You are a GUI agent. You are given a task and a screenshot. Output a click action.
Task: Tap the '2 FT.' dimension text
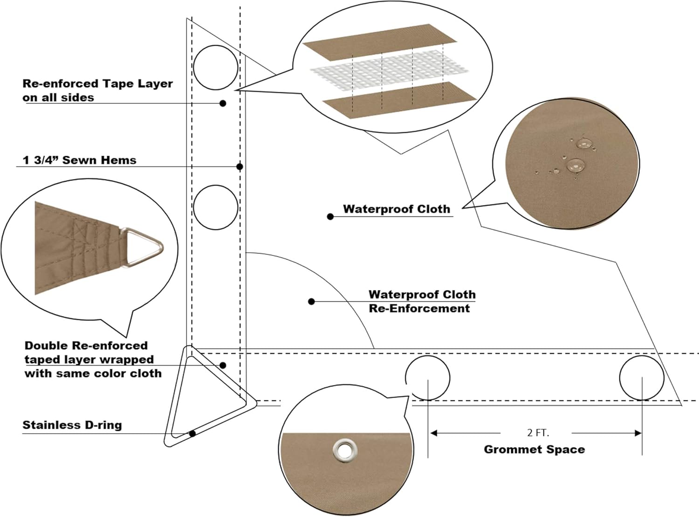(x=538, y=433)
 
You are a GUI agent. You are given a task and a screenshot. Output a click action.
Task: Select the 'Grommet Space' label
(x=534, y=449)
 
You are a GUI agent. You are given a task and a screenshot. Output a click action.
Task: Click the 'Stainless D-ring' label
(x=72, y=425)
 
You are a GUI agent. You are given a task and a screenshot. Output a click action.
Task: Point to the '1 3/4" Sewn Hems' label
(x=79, y=160)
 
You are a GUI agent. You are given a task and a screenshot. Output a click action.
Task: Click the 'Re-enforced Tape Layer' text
(x=98, y=83)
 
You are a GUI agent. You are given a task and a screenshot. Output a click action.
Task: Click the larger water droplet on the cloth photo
(x=576, y=165)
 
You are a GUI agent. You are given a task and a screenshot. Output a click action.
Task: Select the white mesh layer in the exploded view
(x=389, y=72)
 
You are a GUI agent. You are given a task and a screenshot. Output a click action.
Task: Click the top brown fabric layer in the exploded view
(x=379, y=42)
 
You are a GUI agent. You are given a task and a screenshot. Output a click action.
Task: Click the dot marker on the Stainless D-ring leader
(x=192, y=434)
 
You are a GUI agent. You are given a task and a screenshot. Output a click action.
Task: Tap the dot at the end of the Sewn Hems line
(x=240, y=166)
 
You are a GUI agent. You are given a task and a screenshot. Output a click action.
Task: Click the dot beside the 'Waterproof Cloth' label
(x=330, y=217)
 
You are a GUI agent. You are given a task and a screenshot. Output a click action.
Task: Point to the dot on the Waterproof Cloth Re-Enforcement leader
(x=311, y=302)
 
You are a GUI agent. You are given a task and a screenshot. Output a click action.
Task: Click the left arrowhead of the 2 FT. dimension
(x=434, y=433)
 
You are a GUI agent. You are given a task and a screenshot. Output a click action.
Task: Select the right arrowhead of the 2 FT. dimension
(x=638, y=433)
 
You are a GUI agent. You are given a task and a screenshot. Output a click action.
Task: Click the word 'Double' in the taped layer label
(x=46, y=345)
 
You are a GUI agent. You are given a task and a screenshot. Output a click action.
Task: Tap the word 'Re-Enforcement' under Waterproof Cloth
(x=419, y=308)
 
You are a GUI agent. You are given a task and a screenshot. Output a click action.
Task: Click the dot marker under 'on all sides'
(x=223, y=103)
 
